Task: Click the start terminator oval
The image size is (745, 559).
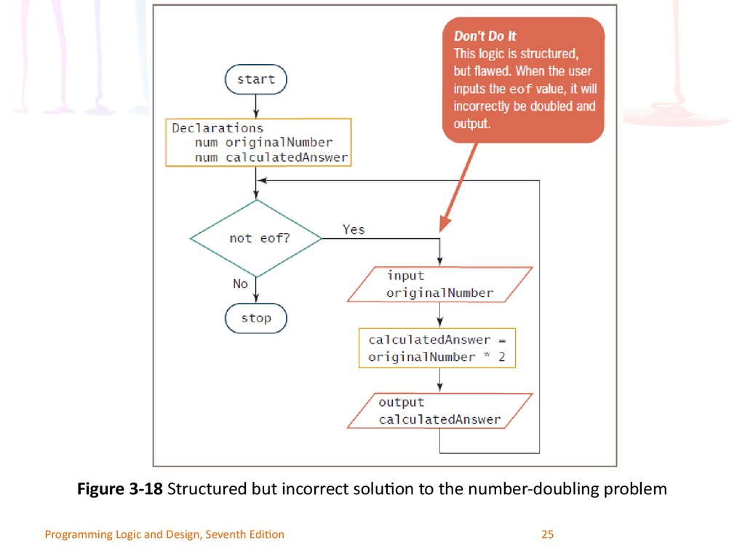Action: point(255,79)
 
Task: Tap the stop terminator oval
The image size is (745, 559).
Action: point(255,318)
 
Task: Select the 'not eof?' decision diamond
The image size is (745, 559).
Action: point(256,238)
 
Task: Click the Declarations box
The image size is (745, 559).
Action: point(258,142)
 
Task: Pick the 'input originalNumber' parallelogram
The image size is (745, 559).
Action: point(440,285)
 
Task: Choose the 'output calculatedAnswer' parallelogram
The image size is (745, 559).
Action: point(440,411)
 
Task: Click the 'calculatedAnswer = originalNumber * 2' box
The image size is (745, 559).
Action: point(437,348)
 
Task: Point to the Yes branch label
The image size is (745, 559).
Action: point(354,229)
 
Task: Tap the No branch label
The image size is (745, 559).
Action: point(240,284)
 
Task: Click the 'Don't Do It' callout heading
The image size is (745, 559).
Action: point(485,36)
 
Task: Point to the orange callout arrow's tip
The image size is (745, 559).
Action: point(440,232)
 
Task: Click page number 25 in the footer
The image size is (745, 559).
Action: point(547,534)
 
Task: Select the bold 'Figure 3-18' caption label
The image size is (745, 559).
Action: point(120,488)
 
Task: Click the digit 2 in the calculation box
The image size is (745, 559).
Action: point(502,357)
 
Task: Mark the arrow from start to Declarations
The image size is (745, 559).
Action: point(255,106)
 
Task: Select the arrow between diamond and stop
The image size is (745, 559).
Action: point(255,290)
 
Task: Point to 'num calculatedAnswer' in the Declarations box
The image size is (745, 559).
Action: point(271,157)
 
